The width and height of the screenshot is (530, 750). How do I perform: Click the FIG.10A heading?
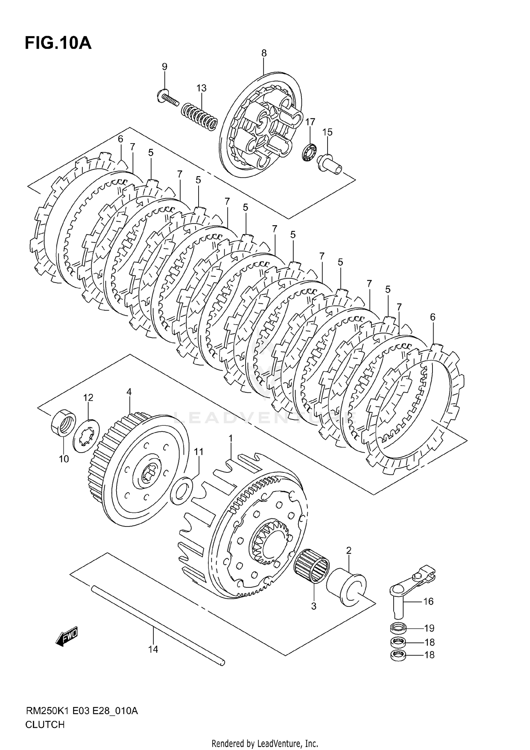58,43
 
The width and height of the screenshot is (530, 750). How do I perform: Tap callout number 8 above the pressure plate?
264,53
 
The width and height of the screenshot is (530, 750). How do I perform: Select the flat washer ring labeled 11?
182,490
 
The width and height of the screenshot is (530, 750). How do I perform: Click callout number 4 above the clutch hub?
129,392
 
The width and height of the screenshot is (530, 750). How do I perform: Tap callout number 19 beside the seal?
429,628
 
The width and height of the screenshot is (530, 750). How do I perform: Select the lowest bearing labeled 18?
399,655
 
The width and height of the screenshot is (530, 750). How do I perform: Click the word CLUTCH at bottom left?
45,725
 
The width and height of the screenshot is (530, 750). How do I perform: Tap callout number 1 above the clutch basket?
230,439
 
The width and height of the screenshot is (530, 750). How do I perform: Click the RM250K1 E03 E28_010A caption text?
81,710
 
